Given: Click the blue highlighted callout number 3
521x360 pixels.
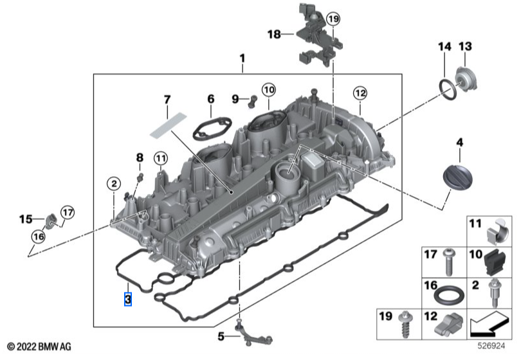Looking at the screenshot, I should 128,299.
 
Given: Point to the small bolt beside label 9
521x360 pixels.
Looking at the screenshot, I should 252,99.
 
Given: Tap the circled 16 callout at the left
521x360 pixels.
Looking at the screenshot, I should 38,237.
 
